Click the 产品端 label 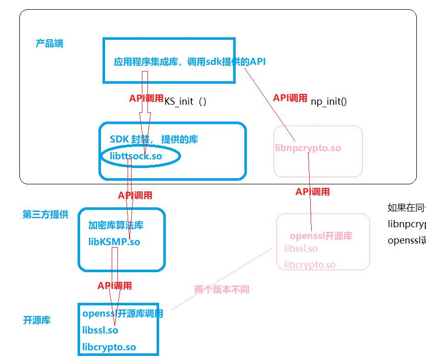click(x=49, y=43)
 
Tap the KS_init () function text click(x=185, y=101)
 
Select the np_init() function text click(x=329, y=101)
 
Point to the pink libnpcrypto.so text click(x=308, y=148)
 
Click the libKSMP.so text click(x=114, y=242)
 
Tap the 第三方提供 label click(x=45, y=214)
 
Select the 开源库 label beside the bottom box click(x=37, y=321)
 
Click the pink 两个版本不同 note click(x=222, y=290)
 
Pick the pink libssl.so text click(x=301, y=249)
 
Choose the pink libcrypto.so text click(x=310, y=265)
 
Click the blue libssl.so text click(x=100, y=330)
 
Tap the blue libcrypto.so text click(x=109, y=347)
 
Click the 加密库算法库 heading click(x=116, y=225)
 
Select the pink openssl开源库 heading click(x=321, y=236)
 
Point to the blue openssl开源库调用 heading click(x=122, y=314)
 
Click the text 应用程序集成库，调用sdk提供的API click(x=190, y=62)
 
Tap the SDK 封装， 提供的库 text click(x=154, y=139)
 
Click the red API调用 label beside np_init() click(x=290, y=98)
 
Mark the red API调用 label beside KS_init click(x=146, y=99)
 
